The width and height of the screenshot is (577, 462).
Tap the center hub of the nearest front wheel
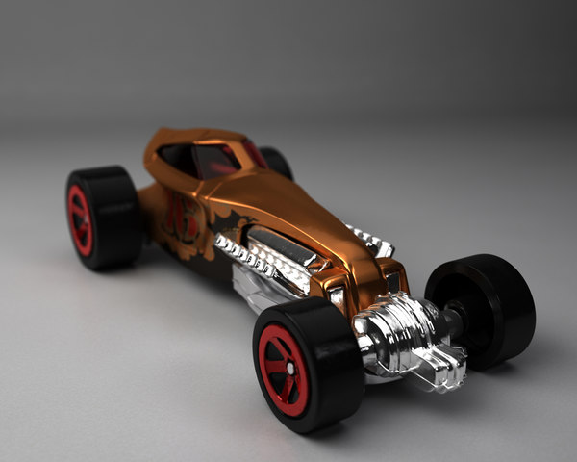[282, 371]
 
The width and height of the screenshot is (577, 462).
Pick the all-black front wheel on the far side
[486, 308]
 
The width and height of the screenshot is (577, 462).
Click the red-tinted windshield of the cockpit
[217, 159]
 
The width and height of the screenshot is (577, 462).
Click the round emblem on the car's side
[184, 218]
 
